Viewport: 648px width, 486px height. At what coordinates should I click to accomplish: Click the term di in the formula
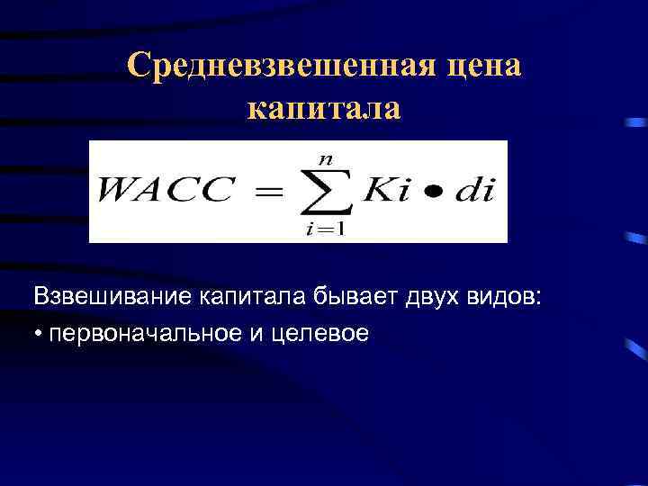[x=472, y=192]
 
